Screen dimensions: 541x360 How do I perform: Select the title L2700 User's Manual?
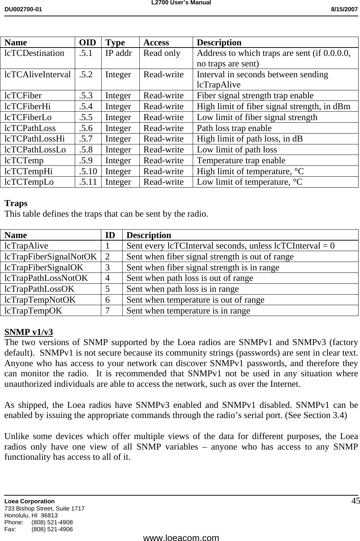(x=180, y=3)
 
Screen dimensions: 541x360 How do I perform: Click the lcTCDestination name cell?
(x=34, y=53)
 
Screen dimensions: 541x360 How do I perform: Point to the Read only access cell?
(x=162, y=53)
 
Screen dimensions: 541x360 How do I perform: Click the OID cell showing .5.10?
(x=88, y=171)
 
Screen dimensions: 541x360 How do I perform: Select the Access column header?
(x=156, y=42)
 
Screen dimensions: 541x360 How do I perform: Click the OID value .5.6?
(x=86, y=128)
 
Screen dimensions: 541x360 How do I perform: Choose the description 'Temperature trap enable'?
(x=241, y=160)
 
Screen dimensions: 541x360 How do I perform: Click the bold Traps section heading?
(x=16, y=203)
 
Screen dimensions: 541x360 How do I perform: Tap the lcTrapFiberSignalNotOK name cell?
(x=50, y=257)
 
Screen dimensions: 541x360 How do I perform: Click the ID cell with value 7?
(x=108, y=311)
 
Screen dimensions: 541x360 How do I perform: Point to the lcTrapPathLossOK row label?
(x=40, y=289)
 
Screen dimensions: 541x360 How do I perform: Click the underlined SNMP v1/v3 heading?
(x=28, y=332)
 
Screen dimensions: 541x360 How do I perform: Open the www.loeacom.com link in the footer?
(x=181, y=538)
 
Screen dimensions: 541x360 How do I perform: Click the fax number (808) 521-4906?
(x=52, y=529)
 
